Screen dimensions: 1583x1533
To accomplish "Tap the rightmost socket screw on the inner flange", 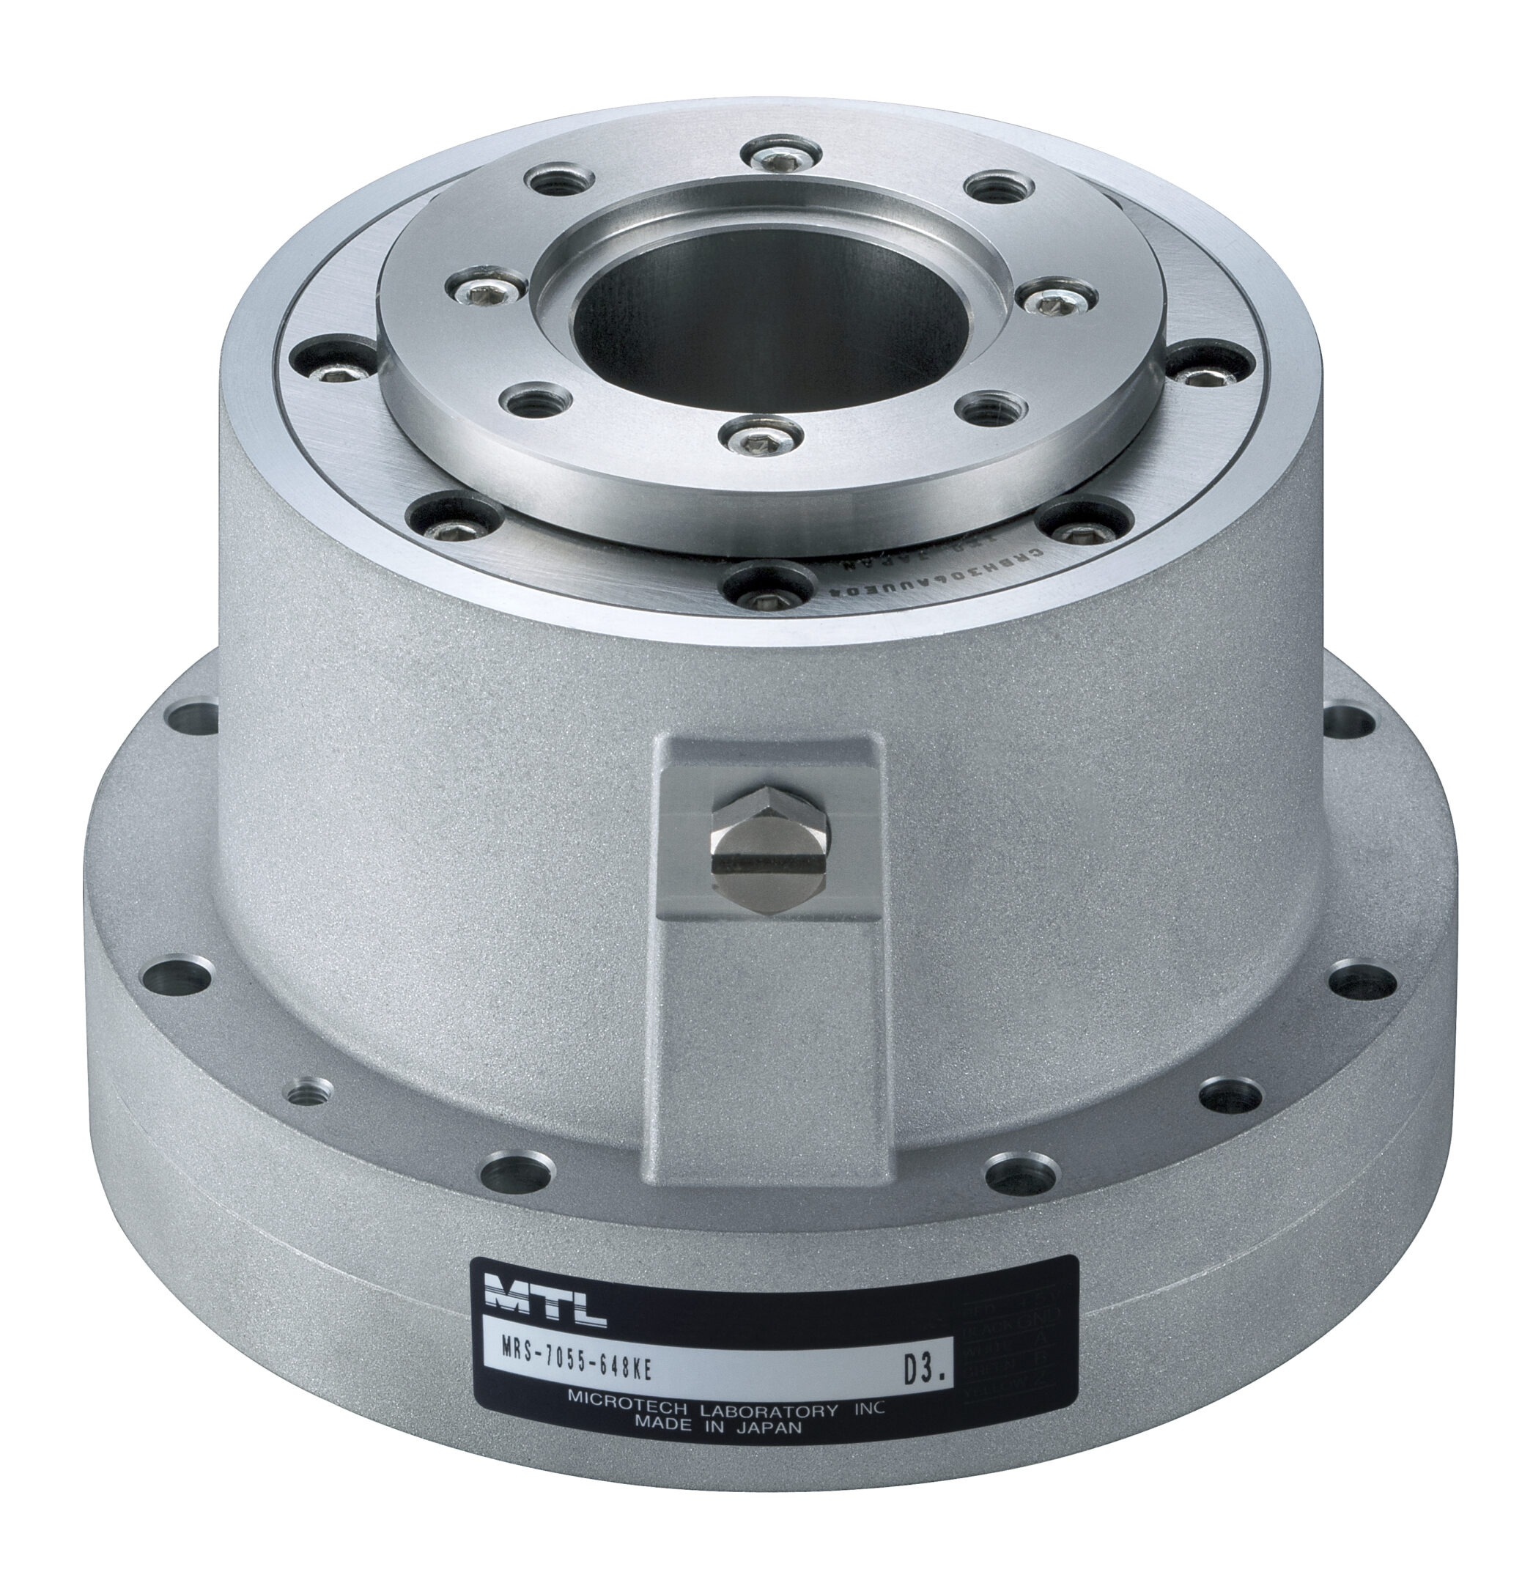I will (x=1054, y=301).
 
